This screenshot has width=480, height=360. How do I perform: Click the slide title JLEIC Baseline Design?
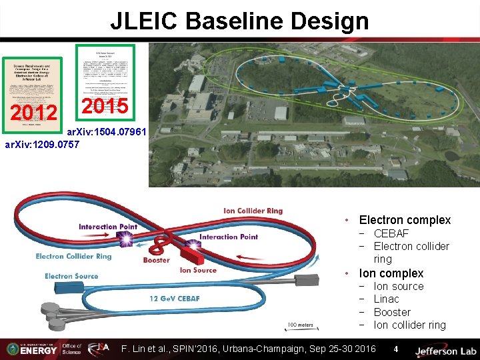click(x=239, y=21)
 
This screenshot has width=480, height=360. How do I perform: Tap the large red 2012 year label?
click(x=33, y=114)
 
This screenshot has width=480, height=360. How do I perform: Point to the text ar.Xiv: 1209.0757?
click(x=42, y=144)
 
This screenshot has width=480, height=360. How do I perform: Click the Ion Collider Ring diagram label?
click(x=253, y=211)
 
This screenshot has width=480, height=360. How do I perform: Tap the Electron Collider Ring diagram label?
click(x=73, y=256)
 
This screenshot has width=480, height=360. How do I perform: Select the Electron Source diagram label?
click(x=71, y=276)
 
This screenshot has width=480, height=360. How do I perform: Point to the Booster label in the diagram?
click(x=156, y=260)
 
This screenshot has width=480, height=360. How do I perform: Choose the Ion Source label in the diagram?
click(x=198, y=270)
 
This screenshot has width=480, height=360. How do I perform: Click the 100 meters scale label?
click(x=301, y=325)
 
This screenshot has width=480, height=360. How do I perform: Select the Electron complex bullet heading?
click(x=405, y=220)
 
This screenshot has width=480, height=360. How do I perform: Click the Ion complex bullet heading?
click(x=391, y=273)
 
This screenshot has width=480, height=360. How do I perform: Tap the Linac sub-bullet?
click(x=386, y=299)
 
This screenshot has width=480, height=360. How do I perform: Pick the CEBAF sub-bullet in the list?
click(x=391, y=233)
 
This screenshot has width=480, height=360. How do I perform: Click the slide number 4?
click(x=395, y=349)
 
